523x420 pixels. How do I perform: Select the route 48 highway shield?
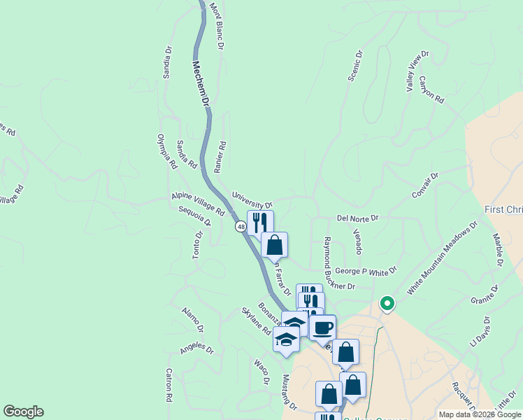pos(241,226)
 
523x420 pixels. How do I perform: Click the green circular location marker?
pos(387,304)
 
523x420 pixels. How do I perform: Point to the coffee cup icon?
pos(322,328)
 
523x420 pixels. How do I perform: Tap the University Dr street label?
pos(252,201)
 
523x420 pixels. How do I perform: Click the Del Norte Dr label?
pos(357,218)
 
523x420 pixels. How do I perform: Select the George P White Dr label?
pos(365,270)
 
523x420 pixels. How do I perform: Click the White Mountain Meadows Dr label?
pos(441,258)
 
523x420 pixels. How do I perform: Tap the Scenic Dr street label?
pos(354,65)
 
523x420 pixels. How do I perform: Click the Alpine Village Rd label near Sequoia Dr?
pos(198,204)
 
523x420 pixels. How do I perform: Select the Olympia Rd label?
pos(166,151)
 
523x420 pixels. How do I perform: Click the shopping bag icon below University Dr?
pos(275,245)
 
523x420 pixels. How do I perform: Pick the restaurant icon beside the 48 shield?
pos(259,223)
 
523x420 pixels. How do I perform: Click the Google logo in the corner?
pos(23,412)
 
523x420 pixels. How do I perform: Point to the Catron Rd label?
pos(169,385)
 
